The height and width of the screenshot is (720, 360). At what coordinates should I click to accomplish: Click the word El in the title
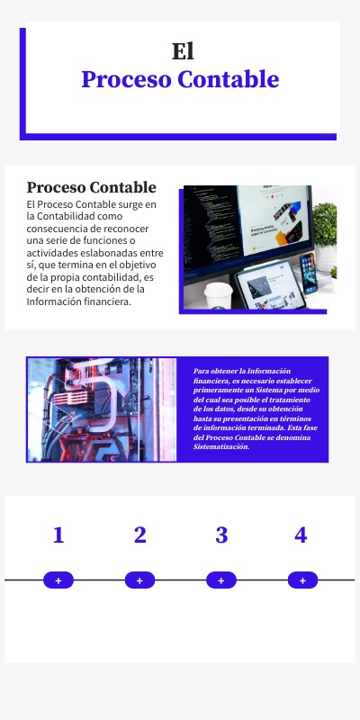pos(183,51)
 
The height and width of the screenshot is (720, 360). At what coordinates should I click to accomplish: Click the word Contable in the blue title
pos(228,79)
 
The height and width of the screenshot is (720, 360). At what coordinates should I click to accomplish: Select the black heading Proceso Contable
pos(91,187)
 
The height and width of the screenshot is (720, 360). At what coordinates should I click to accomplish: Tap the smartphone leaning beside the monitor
pos(309,273)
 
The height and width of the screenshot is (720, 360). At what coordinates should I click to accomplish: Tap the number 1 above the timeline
pos(58,535)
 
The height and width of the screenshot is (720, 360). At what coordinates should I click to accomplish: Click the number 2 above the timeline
pos(139,535)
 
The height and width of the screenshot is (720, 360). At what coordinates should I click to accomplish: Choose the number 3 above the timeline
pos(221,535)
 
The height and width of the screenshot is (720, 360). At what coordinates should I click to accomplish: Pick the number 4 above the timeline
pos(301,535)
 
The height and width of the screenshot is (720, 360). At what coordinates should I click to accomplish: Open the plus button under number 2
pos(139,580)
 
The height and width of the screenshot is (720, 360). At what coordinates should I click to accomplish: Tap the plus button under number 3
pos(221,580)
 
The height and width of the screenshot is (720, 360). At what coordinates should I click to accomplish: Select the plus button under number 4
pos(302,580)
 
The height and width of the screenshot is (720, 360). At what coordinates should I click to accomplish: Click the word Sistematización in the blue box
pos(221,446)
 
